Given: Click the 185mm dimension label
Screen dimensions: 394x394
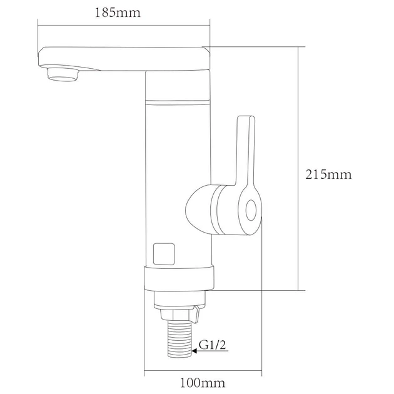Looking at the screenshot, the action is pos(118,13).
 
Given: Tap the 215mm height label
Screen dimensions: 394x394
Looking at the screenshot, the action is pos(328,174).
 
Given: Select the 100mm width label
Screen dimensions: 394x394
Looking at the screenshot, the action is pos(203,383).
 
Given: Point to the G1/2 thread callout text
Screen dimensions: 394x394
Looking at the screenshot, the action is pos(213,345).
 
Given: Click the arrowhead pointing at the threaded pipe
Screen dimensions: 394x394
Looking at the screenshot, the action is pos(194,351).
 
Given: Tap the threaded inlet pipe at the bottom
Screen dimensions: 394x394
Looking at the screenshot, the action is pos(179,338).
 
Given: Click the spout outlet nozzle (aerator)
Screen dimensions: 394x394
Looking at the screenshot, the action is pos(63,74).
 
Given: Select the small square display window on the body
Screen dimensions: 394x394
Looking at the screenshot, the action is pos(164,254).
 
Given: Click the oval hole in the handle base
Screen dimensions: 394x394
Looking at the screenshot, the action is pos(251,210).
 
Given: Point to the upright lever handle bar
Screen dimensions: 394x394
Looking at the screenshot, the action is pos(246,151).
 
